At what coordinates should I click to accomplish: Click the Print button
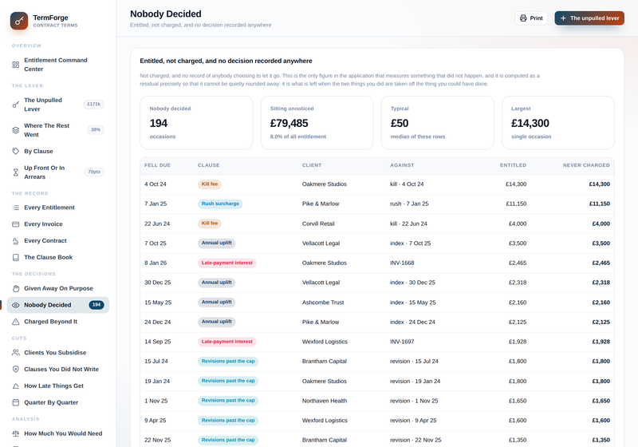tap(531, 18)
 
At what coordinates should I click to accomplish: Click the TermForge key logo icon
tap(19, 21)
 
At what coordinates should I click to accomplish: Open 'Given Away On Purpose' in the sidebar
tap(58, 288)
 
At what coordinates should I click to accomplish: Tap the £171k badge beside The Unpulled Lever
tap(94, 105)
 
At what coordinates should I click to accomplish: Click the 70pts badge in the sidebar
tap(94, 172)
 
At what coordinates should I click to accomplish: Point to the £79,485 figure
tap(289, 123)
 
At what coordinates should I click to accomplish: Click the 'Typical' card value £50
tap(400, 123)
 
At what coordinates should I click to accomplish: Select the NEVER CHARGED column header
tap(586, 165)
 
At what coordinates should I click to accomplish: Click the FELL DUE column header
tap(157, 165)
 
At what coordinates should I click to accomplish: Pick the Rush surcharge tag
tap(220, 204)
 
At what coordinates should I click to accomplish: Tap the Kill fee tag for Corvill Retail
tap(210, 223)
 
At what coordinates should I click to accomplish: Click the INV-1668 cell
tap(402, 263)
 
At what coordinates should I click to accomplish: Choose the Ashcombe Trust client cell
tap(323, 303)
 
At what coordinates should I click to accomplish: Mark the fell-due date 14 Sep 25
tap(157, 342)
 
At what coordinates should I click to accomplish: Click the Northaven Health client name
tap(325, 401)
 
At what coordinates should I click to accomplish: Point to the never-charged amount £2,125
tap(601, 322)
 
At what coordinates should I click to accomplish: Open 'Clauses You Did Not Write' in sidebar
tap(61, 370)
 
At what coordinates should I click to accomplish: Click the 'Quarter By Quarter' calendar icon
tap(15, 402)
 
